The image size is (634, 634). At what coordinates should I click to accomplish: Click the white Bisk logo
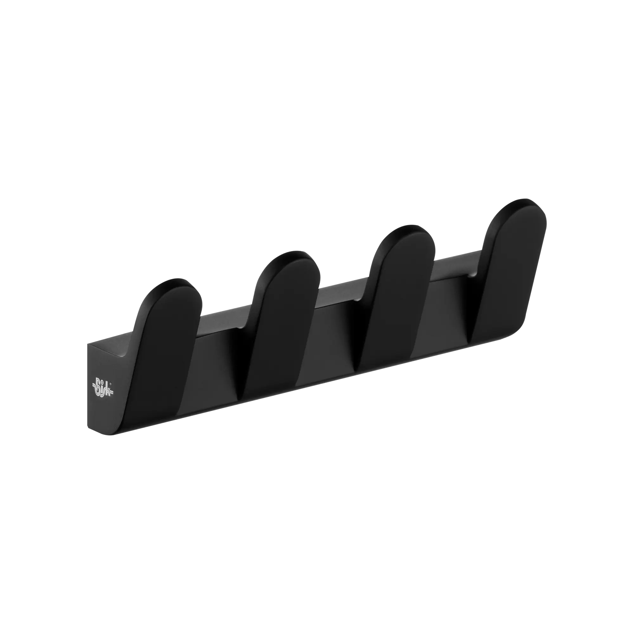click(x=103, y=389)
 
